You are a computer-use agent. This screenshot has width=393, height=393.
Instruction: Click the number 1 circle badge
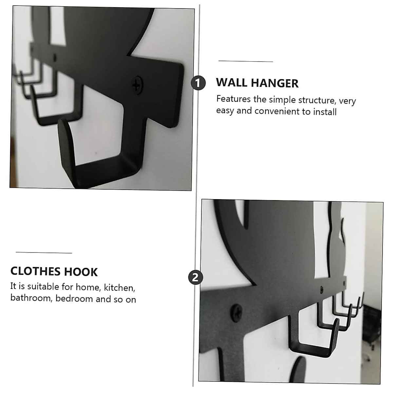click(198, 83)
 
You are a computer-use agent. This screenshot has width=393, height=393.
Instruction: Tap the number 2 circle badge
click(196, 278)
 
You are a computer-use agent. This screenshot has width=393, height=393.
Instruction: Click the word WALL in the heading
click(232, 83)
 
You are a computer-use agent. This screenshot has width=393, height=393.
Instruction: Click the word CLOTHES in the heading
click(35, 271)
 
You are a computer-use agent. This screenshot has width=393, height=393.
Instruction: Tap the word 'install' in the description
click(325, 112)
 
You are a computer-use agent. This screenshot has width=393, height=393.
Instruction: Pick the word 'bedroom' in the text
click(74, 299)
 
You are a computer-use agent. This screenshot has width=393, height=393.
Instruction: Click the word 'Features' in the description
click(233, 99)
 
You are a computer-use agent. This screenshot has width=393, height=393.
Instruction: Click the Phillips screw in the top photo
click(137, 85)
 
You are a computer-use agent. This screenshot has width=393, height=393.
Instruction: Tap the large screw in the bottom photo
click(236, 312)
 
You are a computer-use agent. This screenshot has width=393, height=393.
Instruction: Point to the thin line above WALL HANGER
click(246, 61)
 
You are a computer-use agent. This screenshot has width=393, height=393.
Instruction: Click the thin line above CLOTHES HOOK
click(44, 253)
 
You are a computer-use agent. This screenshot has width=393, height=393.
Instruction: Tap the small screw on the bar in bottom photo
click(322, 290)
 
